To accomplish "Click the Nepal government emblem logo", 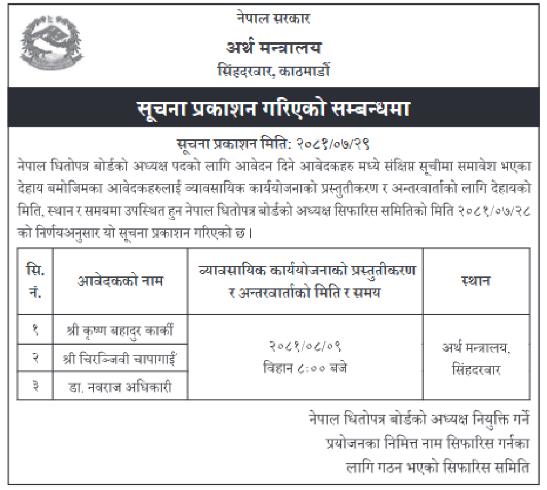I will point(46,46).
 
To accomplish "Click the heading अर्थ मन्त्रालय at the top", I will point(273,48).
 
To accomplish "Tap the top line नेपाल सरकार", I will point(273,19).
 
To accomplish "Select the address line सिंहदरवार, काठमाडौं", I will point(273,71).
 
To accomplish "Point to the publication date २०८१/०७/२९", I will point(333,145).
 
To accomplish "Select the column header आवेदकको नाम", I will point(120,281).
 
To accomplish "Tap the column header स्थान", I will point(475,281).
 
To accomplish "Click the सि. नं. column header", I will point(35,281).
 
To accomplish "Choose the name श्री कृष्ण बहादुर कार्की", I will point(120,330).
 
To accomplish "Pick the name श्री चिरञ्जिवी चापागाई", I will point(120,358).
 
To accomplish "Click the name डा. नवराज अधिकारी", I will point(120,387).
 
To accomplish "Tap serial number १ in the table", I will point(35,330).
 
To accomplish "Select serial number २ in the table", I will point(35,358).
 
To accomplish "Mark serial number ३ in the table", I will point(35,387).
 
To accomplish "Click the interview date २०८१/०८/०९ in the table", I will point(305,346).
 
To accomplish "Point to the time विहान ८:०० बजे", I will point(305,368).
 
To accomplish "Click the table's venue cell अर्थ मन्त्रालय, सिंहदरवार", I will point(475,358).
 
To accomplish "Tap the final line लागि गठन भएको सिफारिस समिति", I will point(438,468).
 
